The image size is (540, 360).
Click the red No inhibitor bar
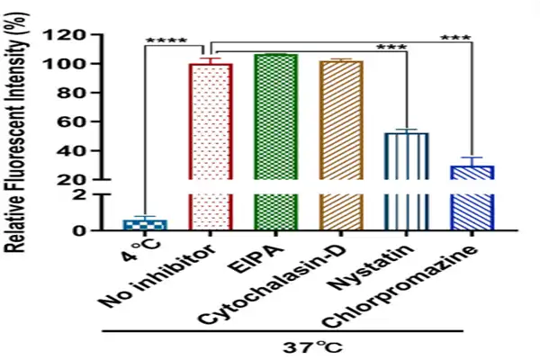point(211,144)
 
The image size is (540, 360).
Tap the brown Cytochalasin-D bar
point(341,144)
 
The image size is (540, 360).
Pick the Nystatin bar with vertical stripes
point(407,180)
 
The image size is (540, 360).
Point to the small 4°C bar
point(145,224)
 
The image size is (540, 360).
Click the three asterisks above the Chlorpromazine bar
point(456,39)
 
